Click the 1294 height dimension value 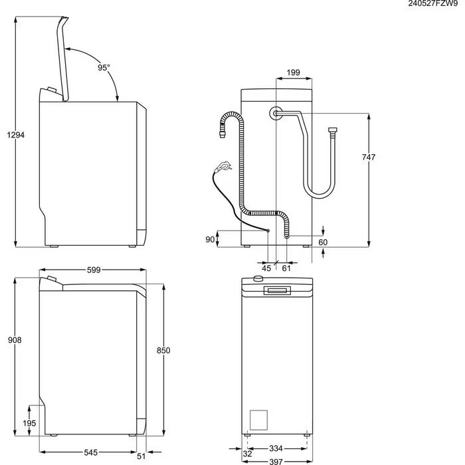coord(15,135)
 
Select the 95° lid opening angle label coord(104,68)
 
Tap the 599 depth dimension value coord(94,270)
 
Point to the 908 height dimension coord(15,340)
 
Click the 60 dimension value coord(323,242)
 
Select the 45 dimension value coord(267,268)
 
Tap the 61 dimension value coord(286,268)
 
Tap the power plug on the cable coord(223,166)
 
